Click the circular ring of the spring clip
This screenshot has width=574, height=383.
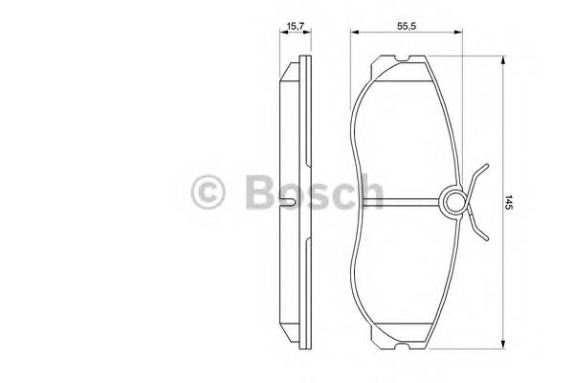click(x=453, y=202)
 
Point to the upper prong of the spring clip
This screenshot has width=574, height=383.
click(x=475, y=174)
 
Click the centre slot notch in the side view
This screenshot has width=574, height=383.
click(x=289, y=202)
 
